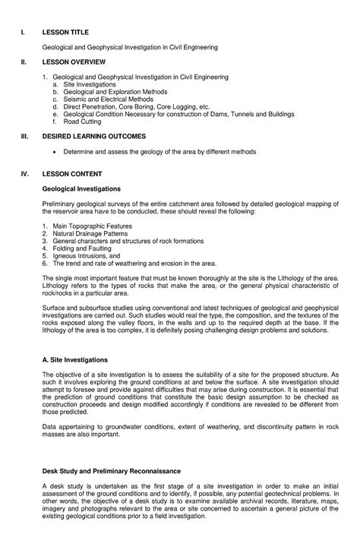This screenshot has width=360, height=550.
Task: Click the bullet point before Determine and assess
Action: coord(56,151)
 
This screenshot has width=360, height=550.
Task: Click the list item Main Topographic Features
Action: coord(86,226)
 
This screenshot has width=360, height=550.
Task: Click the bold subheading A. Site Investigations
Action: coord(80,358)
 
